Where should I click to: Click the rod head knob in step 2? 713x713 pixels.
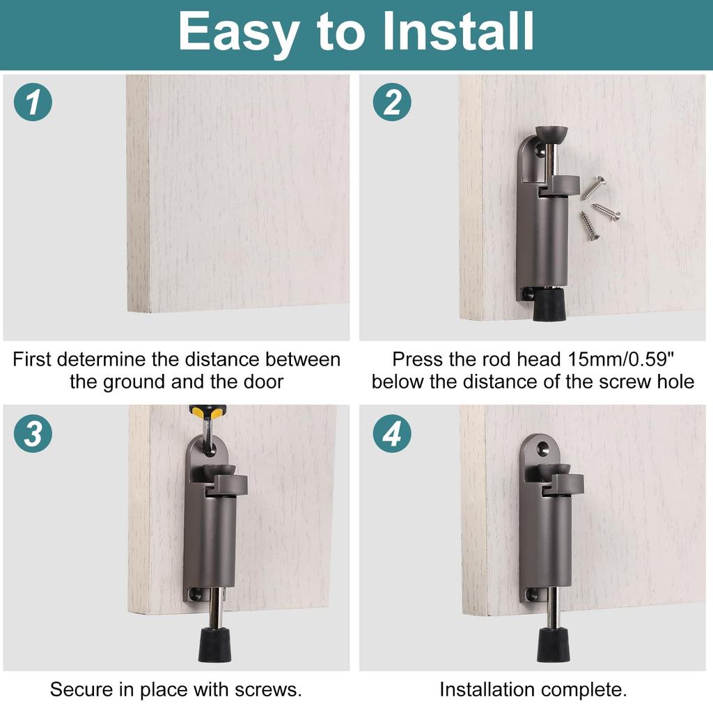[x=549, y=132]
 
